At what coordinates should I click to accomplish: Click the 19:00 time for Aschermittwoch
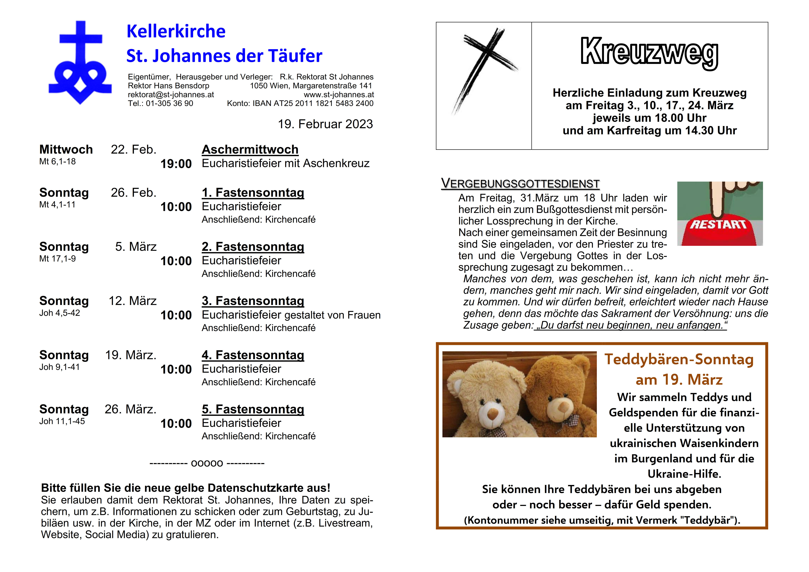pyautogui.click(x=176, y=164)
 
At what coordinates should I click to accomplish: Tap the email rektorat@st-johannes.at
pyautogui.click(x=171, y=94)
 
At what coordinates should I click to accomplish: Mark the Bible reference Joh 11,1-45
pyautogui.click(x=62, y=421)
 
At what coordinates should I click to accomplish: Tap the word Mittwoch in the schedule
pyautogui.click(x=66, y=149)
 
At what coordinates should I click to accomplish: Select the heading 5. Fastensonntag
pyautogui.click(x=253, y=409)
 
